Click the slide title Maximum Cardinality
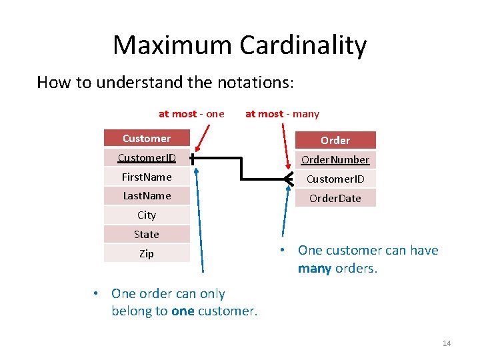(x=239, y=45)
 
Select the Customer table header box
(x=147, y=139)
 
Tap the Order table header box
(x=335, y=140)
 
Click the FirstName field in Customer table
(x=147, y=177)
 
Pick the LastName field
(x=147, y=195)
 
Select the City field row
(x=147, y=215)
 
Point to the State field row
(x=147, y=234)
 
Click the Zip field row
(x=147, y=253)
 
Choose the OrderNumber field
(x=335, y=160)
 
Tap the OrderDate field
(x=335, y=198)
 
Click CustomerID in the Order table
(x=335, y=179)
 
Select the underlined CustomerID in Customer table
(x=147, y=158)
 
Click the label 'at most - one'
(x=191, y=114)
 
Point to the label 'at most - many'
(x=282, y=114)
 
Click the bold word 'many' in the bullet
(x=315, y=269)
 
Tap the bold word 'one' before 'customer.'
(x=182, y=311)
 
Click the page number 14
(x=446, y=343)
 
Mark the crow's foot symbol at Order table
(x=288, y=179)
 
